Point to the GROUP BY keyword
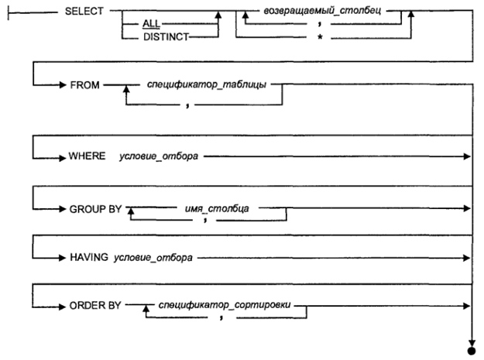pos(95,209)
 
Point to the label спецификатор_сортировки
pos(225,304)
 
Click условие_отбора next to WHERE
pos(159,156)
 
